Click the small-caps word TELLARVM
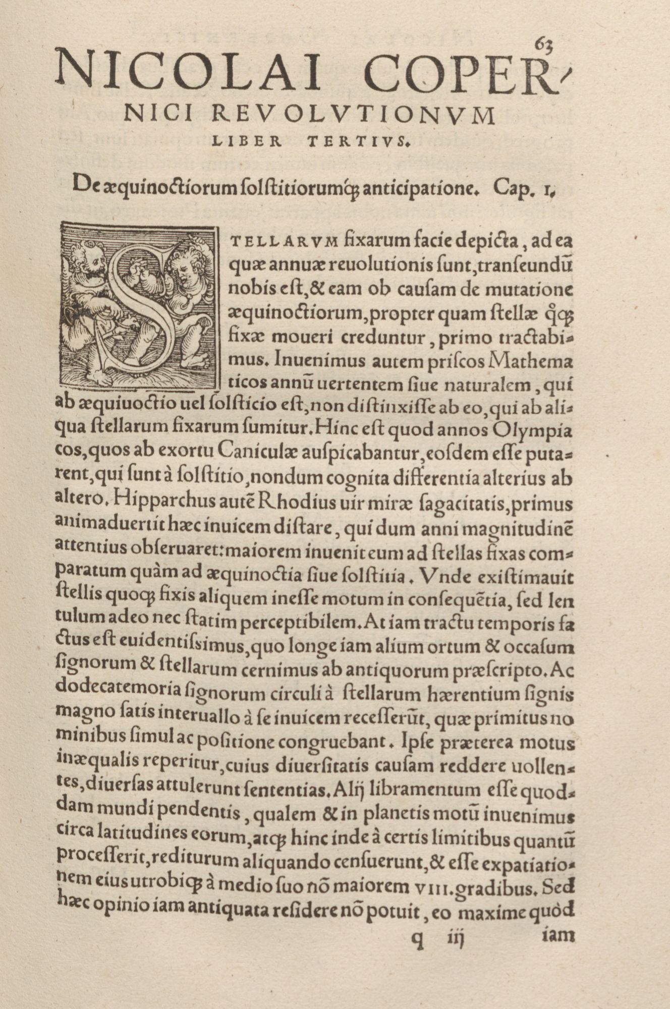pos(283,242)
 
